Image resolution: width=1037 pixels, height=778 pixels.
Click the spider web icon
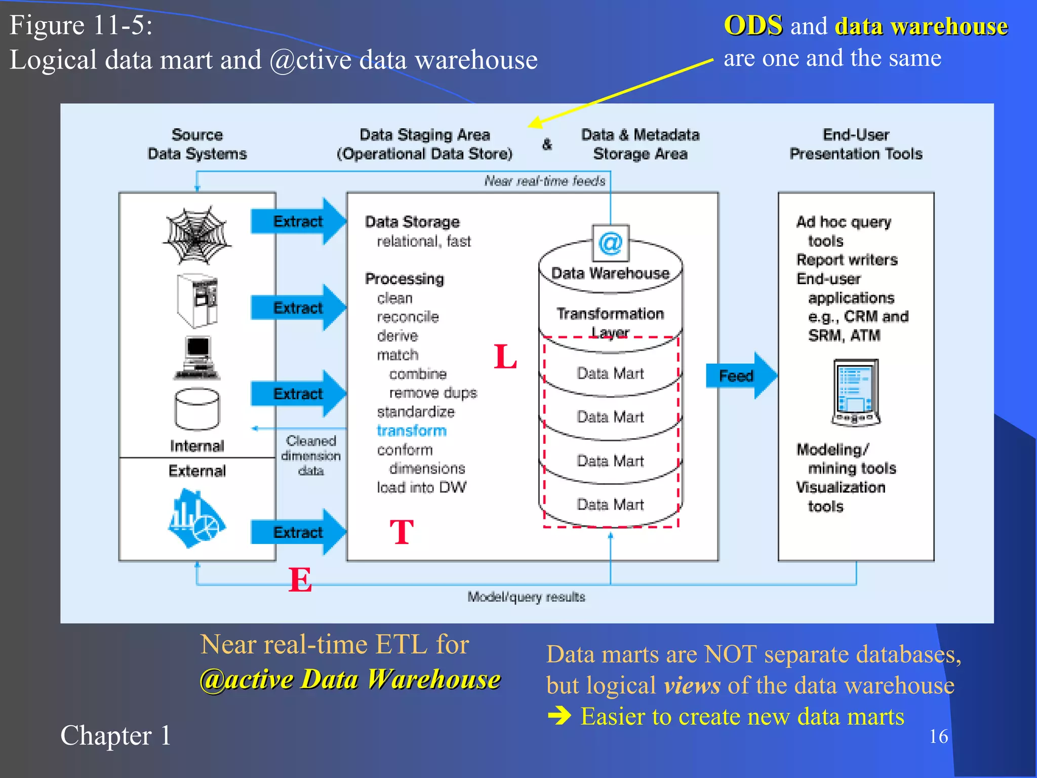[x=197, y=236]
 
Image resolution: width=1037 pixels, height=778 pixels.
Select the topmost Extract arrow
[x=298, y=221]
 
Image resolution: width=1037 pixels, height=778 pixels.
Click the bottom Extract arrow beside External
[x=298, y=532]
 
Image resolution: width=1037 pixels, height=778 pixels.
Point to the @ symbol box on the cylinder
[x=610, y=243]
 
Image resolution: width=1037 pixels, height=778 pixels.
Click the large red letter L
[x=505, y=357]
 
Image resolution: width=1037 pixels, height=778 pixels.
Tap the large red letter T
[x=402, y=532]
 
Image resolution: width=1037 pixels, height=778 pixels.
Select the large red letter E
[x=300, y=579]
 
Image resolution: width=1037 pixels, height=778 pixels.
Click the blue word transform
[x=411, y=431]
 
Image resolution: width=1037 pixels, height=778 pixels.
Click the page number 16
[x=938, y=736]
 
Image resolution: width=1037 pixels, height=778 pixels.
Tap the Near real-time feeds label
[x=544, y=181]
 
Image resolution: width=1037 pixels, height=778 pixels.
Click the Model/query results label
[x=526, y=597]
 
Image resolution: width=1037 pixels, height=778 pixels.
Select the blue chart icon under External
[x=196, y=518]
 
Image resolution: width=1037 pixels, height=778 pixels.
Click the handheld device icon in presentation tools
[x=856, y=392]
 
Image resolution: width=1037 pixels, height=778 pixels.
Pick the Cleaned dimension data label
[x=310, y=455]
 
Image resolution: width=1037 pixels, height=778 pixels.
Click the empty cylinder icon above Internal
[x=197, y=409]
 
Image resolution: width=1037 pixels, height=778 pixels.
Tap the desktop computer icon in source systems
[x=197, y=358]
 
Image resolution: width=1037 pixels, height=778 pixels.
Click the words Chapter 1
[x=115, y=735]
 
